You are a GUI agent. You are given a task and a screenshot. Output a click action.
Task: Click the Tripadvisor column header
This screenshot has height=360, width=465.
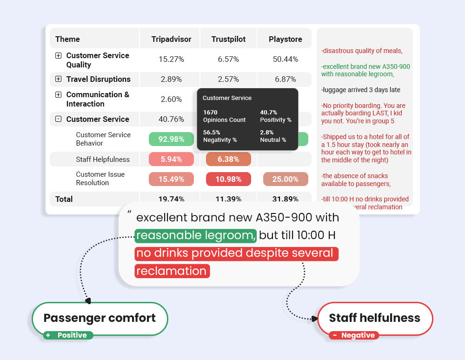tap(171, 39)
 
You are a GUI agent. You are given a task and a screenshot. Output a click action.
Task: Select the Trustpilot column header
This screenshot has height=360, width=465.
tap(228, 39)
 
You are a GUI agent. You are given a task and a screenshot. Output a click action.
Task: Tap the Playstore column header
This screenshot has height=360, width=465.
tap(286, 39)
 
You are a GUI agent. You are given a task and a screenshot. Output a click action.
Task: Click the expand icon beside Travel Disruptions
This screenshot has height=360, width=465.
tap(58, 79)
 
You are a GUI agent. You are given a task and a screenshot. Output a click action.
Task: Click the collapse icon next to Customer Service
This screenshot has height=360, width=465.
tap(58, 119)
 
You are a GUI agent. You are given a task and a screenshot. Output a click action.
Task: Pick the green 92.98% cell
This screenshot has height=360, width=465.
tap(171, 139)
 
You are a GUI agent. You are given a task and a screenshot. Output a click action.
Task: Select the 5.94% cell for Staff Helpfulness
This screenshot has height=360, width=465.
tap(171, 159)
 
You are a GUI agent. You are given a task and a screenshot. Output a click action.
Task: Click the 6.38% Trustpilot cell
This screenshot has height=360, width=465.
tap(228, 159)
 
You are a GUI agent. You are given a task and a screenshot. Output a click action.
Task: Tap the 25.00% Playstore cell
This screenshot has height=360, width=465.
tap(286, 179)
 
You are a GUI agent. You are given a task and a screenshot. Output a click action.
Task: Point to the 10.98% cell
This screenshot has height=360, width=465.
tap(228, 179)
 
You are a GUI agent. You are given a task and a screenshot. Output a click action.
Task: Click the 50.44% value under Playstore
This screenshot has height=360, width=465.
tap(286, 59)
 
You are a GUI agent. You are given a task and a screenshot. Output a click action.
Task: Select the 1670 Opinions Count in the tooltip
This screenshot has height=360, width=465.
tap(210, 112)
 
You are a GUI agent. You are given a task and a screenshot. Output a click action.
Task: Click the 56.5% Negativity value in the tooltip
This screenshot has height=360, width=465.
tap(212, 132)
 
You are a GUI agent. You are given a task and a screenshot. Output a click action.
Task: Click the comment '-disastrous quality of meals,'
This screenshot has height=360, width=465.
tap(362, 51)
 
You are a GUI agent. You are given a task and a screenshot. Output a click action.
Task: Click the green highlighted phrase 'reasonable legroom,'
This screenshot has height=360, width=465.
tap(196, 235)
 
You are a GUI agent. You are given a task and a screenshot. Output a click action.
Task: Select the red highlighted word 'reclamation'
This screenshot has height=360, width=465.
tap(172, 271)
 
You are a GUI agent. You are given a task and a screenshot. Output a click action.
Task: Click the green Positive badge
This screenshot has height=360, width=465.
tap(68, 335)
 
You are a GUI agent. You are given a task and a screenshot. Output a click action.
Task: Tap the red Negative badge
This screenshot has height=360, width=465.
tap(354, 335)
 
